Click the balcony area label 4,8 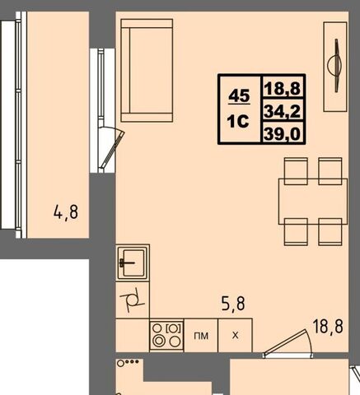pos(66,212)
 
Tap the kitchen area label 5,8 pos(233,303)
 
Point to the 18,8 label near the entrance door pos(328,327)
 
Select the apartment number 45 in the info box pos(239,96)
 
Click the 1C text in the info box pos(238,121)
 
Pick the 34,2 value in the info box pos(282,111)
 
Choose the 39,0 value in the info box pos(282,134)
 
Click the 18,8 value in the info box pos(282,88)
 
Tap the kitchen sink pos(133,263)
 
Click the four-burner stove pos(166,335)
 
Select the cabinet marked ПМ pos(201,335)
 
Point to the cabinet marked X pos(235,335)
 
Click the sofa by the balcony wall pos(147,71)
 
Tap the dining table pos(313,202)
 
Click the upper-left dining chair pos(296,171)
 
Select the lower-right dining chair pos(330,232)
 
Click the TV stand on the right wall pos(335,67)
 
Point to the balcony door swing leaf pos(112,150)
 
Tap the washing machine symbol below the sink pos(133,300)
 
